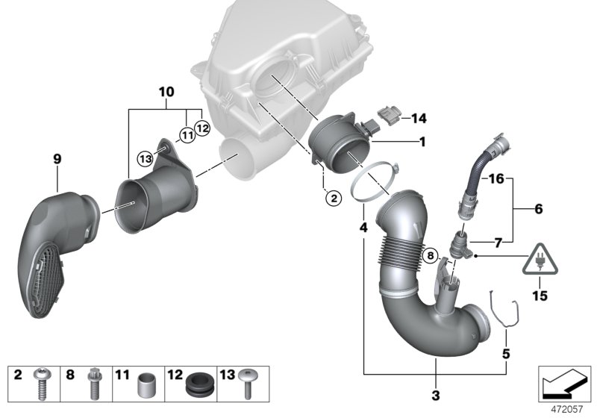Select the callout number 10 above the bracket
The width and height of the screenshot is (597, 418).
165,93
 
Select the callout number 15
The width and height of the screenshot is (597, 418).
539,296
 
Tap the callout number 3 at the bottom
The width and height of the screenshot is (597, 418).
436,394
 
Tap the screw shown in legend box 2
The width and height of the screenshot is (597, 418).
41,385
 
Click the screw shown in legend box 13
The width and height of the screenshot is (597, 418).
249,385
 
